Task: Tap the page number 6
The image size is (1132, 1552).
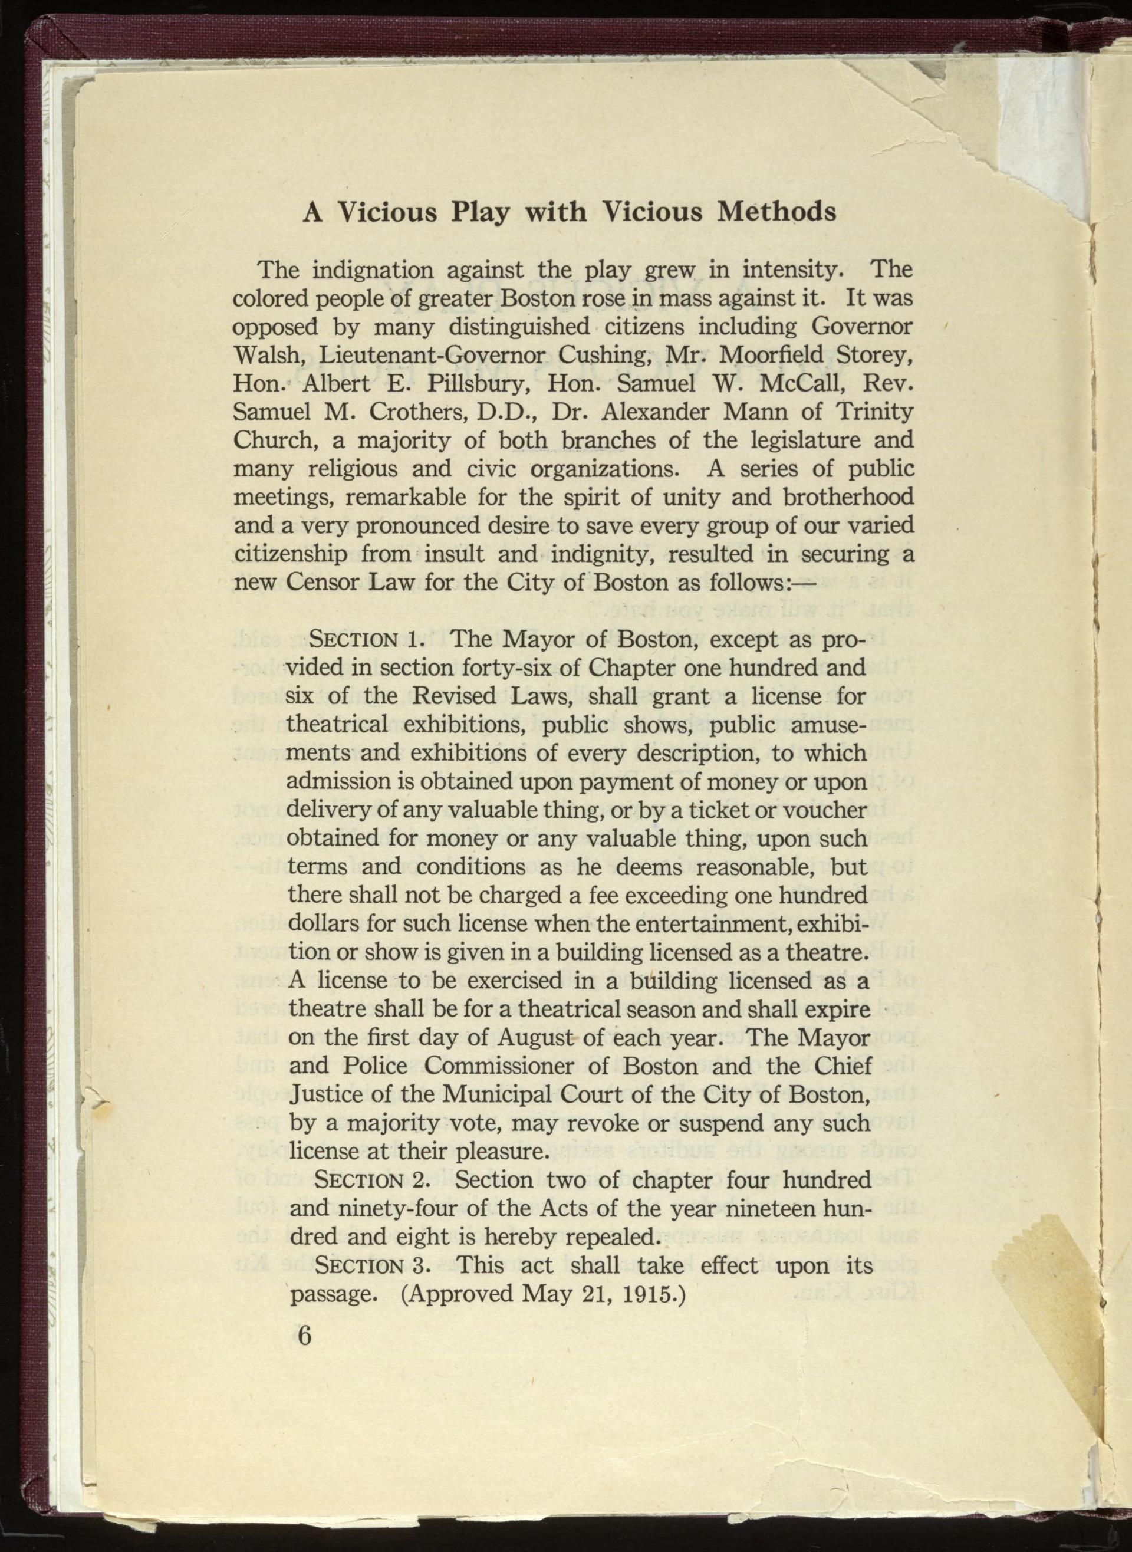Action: pyautogui.click(x=305, y=1336)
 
